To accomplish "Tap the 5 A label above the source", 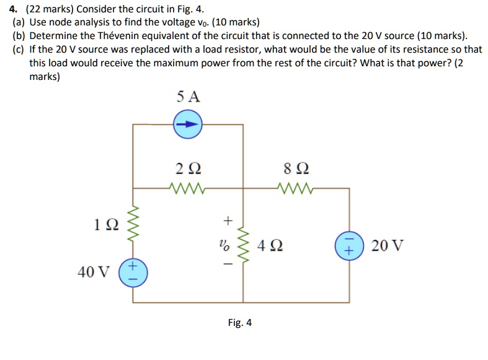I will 188,97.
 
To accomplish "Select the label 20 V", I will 387,245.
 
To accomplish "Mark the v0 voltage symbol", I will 226,244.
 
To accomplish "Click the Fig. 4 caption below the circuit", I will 239,323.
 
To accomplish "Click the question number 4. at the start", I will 14,9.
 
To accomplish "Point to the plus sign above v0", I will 227,220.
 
